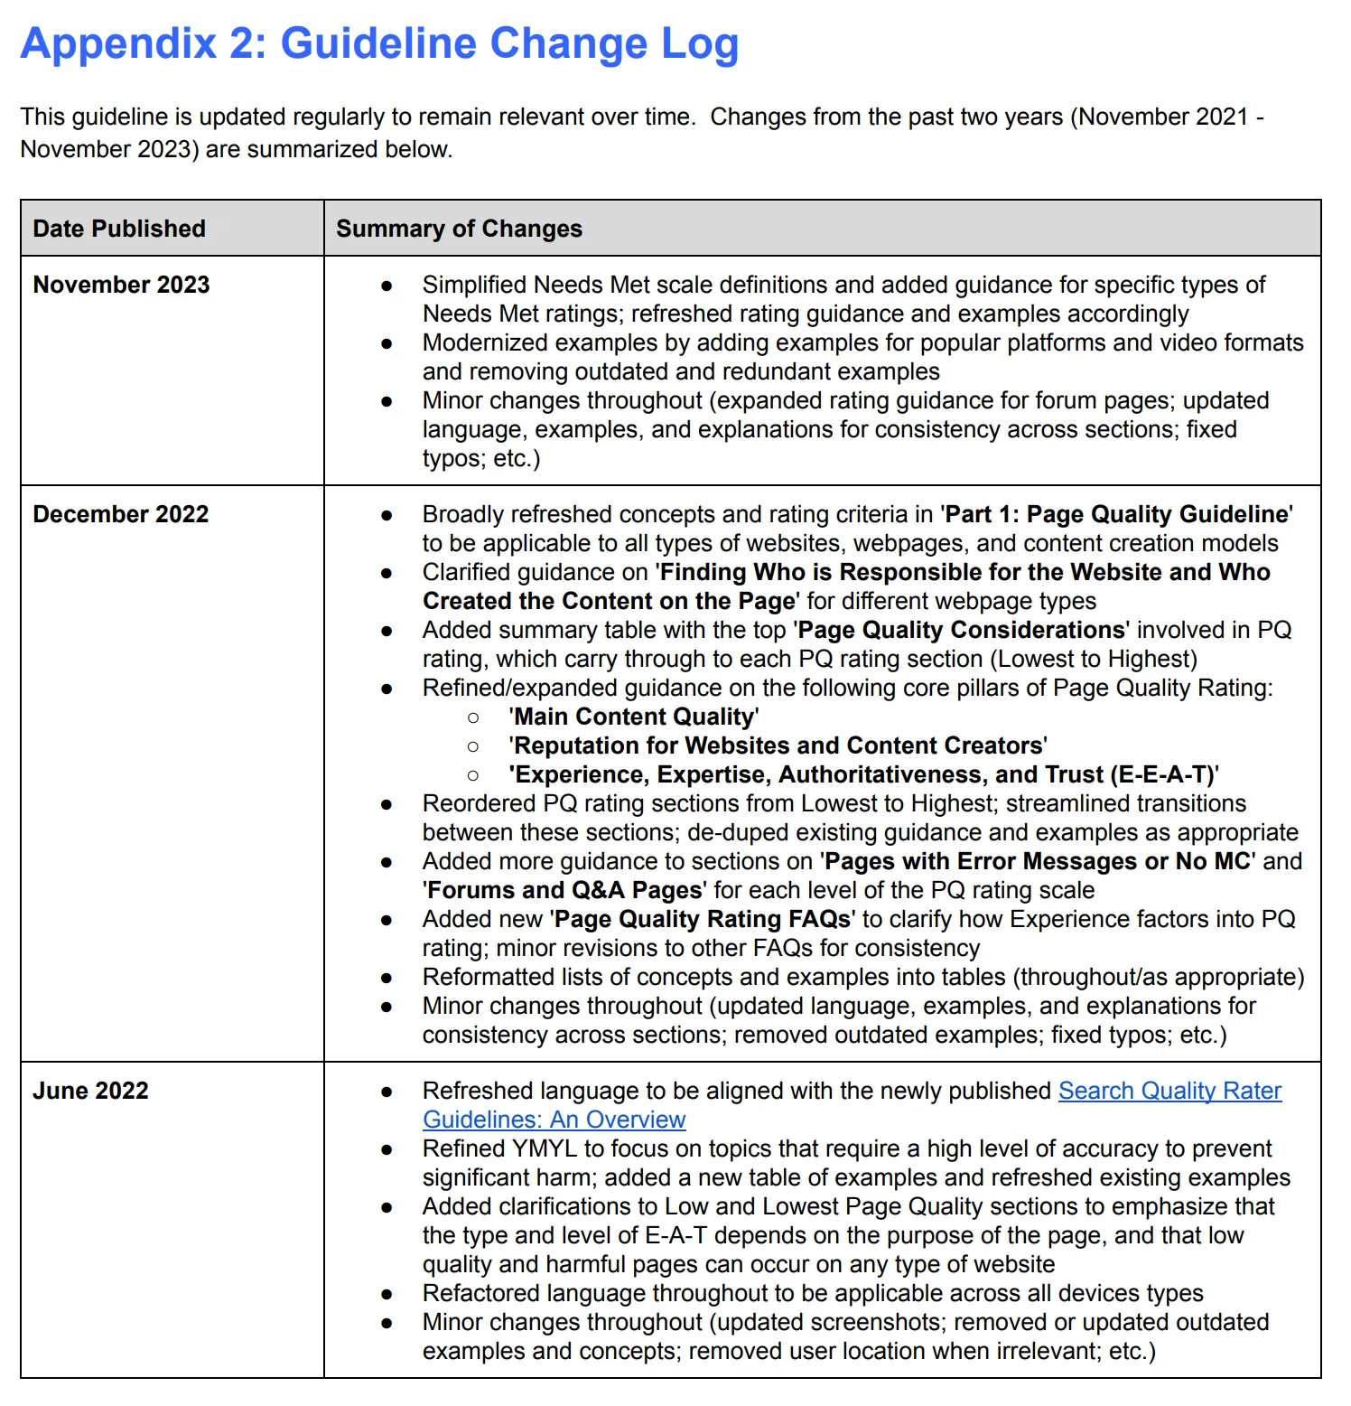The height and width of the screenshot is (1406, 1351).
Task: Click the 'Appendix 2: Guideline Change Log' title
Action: (x=379, y=43)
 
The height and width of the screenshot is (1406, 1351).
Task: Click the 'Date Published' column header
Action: (x=119, y=229)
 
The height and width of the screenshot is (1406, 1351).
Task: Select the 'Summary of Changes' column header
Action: (x=459, y=229)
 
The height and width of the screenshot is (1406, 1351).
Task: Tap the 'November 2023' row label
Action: (x=121, y=285)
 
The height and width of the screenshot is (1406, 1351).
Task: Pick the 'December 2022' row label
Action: (x=121, y=514)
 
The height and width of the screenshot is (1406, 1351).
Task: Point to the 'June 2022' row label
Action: (x=90, y=1091)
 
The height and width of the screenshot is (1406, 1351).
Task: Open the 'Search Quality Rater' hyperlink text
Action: (x=1169, y=1091)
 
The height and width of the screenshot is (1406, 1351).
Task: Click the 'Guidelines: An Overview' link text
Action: (x=554, y=1120)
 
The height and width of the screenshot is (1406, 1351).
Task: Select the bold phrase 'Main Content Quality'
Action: (x=633, y=717)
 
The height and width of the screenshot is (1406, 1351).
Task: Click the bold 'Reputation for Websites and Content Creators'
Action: (x=778, y=745)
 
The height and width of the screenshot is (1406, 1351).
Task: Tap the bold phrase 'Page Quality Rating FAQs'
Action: (x=703, y=919)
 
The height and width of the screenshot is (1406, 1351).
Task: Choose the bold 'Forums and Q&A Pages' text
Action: (x=564, y=890)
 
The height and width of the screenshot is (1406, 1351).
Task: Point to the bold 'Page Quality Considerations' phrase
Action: (x=963, y=630)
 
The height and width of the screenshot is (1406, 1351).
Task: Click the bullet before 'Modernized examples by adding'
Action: (x=387, y=343)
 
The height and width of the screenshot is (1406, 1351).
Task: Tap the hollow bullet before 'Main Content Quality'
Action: (x=473, y=717)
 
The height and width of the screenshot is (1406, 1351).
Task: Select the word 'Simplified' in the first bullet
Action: (x=474, y=285)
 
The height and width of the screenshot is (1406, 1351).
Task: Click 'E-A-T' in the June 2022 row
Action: (x=675, y=1235)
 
